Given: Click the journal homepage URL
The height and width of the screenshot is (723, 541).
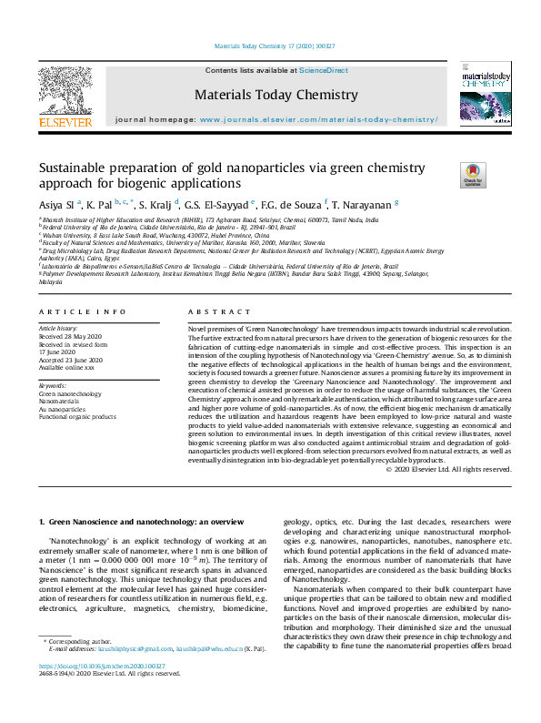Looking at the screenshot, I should pyautogui.click(x=318, y=119).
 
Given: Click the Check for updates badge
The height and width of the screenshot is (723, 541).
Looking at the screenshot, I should pyautogui.click(x=473, y=175).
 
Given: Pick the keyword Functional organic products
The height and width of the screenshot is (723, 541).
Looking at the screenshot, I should pyautogui.click(x=77, y=416).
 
